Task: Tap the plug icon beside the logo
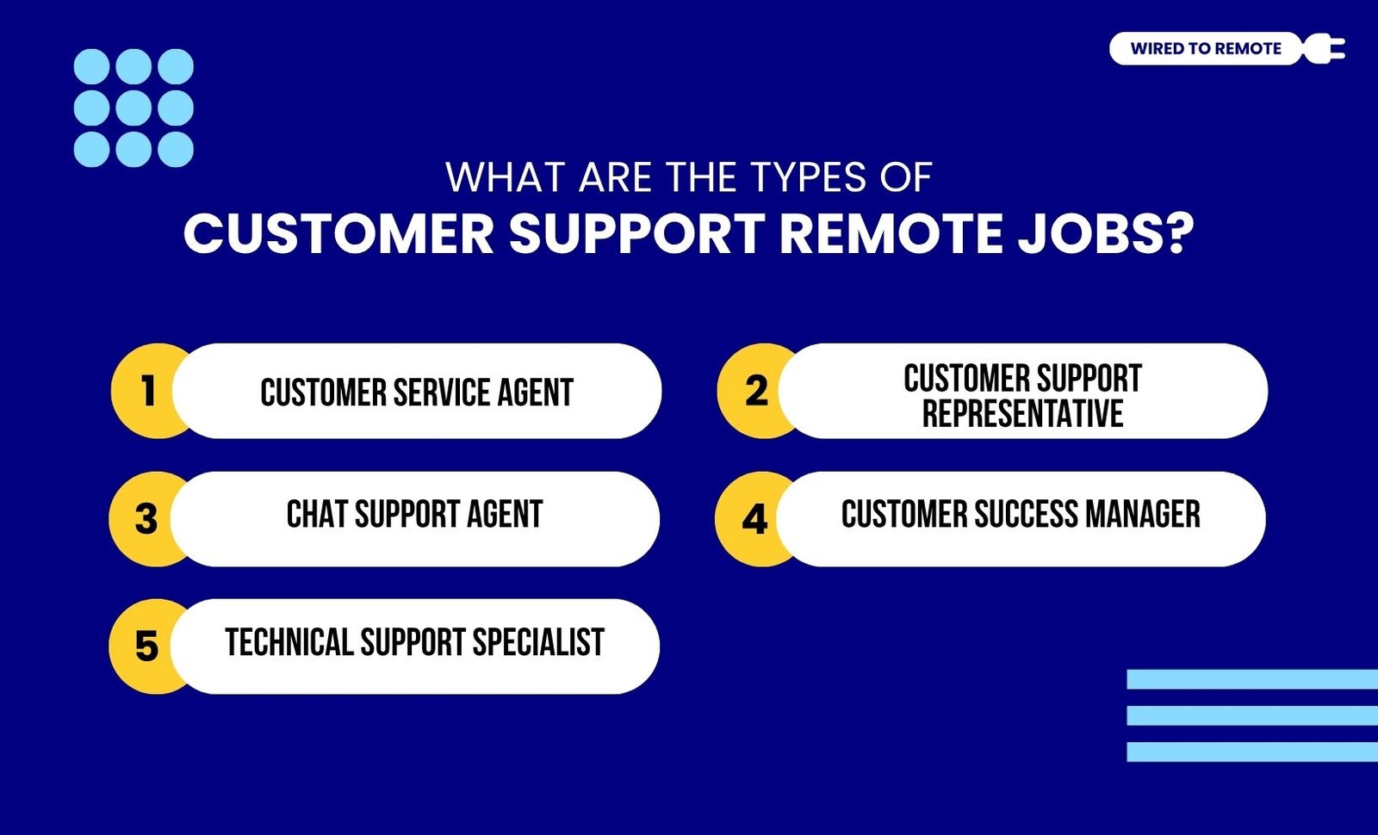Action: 1324,48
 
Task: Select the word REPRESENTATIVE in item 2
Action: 1022,413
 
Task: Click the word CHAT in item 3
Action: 316,514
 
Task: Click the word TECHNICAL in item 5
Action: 289,642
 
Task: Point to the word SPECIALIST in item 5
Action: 538,642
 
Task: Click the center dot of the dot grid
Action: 133,108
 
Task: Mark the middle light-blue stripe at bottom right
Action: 1252,715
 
